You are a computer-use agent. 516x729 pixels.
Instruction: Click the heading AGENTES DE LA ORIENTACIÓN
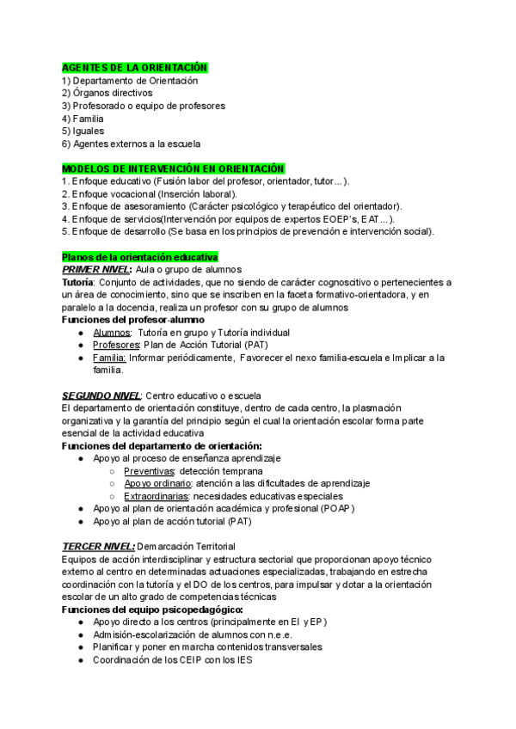[134, 67]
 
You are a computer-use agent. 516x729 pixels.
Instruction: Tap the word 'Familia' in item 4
[89, 119]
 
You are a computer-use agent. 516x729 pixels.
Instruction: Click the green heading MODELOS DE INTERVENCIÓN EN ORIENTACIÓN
[173, 168]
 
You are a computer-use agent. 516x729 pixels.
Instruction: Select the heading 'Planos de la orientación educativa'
[140, 257]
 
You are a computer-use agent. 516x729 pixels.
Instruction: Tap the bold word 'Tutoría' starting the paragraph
[78, 282]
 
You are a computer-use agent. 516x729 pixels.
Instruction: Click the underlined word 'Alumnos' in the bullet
[112, 333]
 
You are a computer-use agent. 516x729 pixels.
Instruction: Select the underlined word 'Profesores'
[116, 346]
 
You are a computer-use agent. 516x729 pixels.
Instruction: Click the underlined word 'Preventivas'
[150, 471]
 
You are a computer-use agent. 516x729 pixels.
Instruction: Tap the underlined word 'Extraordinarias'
[157, 496]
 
